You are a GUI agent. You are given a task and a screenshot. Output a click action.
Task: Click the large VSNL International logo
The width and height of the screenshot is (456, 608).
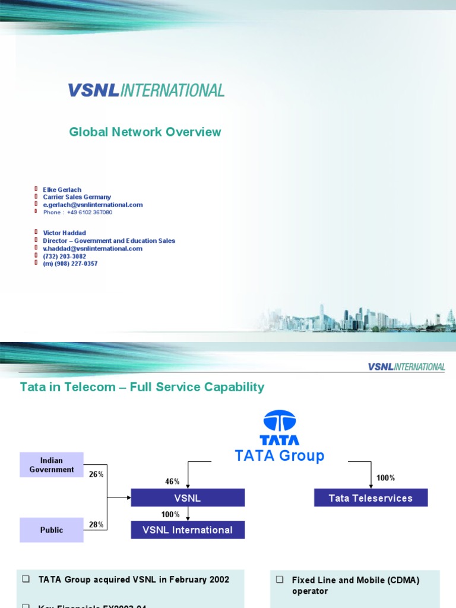pos(146,90)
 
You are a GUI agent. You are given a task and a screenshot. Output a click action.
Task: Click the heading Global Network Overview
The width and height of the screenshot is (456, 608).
pos(145,132)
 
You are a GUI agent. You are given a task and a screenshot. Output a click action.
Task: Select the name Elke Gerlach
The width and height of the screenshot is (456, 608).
pos(62,190)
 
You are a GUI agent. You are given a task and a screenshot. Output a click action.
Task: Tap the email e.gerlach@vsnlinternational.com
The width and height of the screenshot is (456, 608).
pos(93,205)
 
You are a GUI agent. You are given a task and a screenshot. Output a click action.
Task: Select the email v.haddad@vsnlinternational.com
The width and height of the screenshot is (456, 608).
pos(93,249)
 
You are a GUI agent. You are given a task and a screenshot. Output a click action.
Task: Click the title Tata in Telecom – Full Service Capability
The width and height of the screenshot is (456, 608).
pos(142,387)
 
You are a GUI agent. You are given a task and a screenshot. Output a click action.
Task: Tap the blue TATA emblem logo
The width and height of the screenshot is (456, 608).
pos(279,428)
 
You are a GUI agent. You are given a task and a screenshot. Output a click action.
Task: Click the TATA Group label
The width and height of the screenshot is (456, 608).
pos(280,455)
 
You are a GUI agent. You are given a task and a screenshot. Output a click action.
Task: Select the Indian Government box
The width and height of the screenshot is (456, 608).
pos(52,465)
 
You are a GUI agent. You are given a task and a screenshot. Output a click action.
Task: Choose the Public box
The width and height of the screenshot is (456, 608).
pos(52,530)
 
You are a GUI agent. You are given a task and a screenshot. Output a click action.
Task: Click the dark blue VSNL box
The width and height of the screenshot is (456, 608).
pos(188,498)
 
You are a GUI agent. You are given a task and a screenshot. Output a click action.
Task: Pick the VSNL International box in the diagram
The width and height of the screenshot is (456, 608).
pos(188,530)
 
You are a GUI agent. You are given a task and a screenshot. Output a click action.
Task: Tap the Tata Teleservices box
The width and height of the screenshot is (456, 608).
pos(370,498)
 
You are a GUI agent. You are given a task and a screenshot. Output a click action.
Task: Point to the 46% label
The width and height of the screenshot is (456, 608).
pos(172,481)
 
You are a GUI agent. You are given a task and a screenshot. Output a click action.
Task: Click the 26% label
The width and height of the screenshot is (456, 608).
pos(96,474)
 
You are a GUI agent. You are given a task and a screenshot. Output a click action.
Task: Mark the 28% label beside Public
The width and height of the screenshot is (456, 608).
pos(96,524)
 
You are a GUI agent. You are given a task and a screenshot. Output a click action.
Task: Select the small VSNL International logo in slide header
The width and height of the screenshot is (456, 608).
pos(406,367)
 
